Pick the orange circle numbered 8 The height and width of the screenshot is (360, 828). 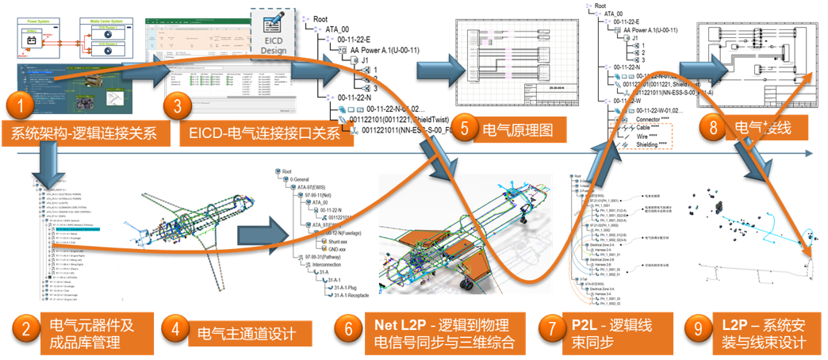tap(714, 125)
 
